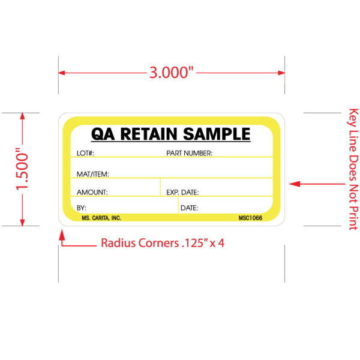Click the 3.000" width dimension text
pos(172,73)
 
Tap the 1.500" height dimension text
pos(23,170)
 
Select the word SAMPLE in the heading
pos(217,133)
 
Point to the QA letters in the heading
pos(101,133)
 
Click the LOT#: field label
pos(86,154)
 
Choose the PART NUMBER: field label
pos(189,154)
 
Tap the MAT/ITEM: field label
pos(92,174)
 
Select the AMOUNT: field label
pos(92,192)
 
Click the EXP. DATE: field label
pos(182,192)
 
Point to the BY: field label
pos(82,208)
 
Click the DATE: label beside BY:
pos(189,208)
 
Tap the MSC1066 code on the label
pos(250,218)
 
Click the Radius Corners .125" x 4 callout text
pos(163,244)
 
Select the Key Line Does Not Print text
pos(353,170)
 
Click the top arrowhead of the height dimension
pos(23,118)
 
